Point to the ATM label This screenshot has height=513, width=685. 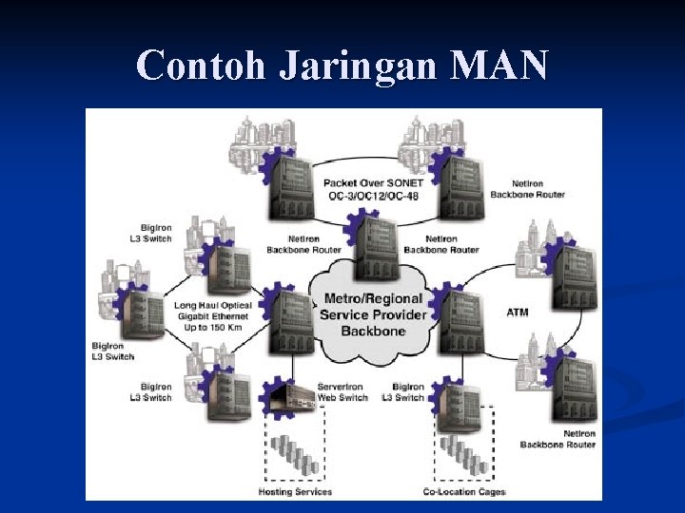tap(518, 312)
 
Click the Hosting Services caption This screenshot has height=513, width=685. tap(295, 491)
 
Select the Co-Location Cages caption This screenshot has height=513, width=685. tap(464, 491)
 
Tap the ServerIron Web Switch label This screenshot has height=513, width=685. tap(342, 391)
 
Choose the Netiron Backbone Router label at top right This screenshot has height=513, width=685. tap(527, 189)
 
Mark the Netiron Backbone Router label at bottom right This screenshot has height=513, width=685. tap(558, 438)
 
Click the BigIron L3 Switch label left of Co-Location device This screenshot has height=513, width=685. tap(408, 391)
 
